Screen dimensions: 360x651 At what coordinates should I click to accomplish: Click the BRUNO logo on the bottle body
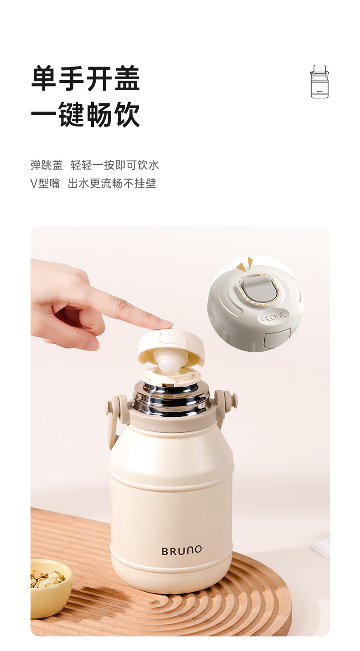tap(181, 550)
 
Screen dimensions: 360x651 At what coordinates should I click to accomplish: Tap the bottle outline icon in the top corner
tap(319, 82)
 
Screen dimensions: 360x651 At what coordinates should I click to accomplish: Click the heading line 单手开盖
tap(86, 78)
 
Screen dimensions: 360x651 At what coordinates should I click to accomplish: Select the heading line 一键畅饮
tap(86, 114)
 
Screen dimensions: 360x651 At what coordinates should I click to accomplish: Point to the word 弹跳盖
tap(46, 165)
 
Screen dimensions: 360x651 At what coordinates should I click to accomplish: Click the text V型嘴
tap(45, 184)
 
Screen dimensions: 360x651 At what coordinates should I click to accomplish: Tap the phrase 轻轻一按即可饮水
tap(115, 165)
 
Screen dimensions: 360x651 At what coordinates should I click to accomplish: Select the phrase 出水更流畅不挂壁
tap(112, 184)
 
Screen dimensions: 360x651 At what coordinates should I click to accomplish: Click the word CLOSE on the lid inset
tap(273, 316)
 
